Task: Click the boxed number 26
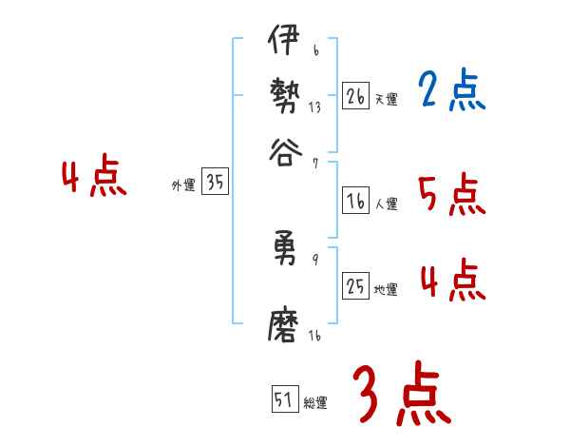click(355, 97)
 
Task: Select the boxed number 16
click(355, 202)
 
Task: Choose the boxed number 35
click(216, 184)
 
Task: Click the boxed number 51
click(284, 399)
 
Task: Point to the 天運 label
click(386, 99)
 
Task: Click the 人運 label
click(386, 204)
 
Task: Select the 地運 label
click(386, 288)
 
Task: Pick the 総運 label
click(315, 402)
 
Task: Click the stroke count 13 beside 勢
click(314, 107)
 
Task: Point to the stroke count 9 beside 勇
click(315, 260)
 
